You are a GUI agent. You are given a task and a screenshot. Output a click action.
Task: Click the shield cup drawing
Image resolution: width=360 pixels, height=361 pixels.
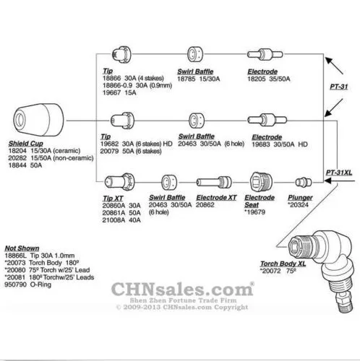coord(38,120)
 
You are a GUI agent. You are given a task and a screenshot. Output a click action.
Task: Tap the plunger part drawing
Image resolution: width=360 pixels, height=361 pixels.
coord(304,182)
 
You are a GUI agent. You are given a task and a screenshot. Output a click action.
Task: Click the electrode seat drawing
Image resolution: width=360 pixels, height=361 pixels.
coord(261,182)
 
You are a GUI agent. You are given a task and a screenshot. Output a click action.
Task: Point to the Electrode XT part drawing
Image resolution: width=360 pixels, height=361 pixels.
coord(214,182)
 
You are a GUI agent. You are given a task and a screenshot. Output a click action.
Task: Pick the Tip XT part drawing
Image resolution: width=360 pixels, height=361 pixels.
coord(119,182)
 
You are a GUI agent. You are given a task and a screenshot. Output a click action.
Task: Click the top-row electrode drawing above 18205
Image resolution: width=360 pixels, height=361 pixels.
coord(265,54)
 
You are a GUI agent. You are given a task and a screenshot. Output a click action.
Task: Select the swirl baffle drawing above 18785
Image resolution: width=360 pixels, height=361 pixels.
coord(195,54)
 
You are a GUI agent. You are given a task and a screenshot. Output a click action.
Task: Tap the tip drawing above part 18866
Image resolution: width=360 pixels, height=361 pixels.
coord(121,55)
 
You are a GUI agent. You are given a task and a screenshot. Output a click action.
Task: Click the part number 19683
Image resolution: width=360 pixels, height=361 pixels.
coord(261,144)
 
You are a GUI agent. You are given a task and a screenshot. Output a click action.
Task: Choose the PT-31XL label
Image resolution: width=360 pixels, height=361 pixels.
coord(339,173)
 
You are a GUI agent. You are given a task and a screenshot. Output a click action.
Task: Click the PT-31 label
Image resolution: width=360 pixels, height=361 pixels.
coord(339,87)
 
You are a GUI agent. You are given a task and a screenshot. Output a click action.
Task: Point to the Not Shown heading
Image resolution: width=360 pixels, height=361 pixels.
coord(22,248)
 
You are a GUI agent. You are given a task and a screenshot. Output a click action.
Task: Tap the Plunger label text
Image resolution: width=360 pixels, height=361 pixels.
coord(300,198)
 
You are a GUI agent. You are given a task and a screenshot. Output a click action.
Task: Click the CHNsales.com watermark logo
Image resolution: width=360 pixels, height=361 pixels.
coord(182,290)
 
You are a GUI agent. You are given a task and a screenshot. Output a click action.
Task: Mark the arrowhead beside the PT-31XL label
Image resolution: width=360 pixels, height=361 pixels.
coord(327,180)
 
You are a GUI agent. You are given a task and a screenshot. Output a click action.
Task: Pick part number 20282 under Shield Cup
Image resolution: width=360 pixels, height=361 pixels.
coord(17,158)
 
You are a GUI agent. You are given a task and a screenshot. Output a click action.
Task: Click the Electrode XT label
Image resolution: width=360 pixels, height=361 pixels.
coord(216,198)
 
